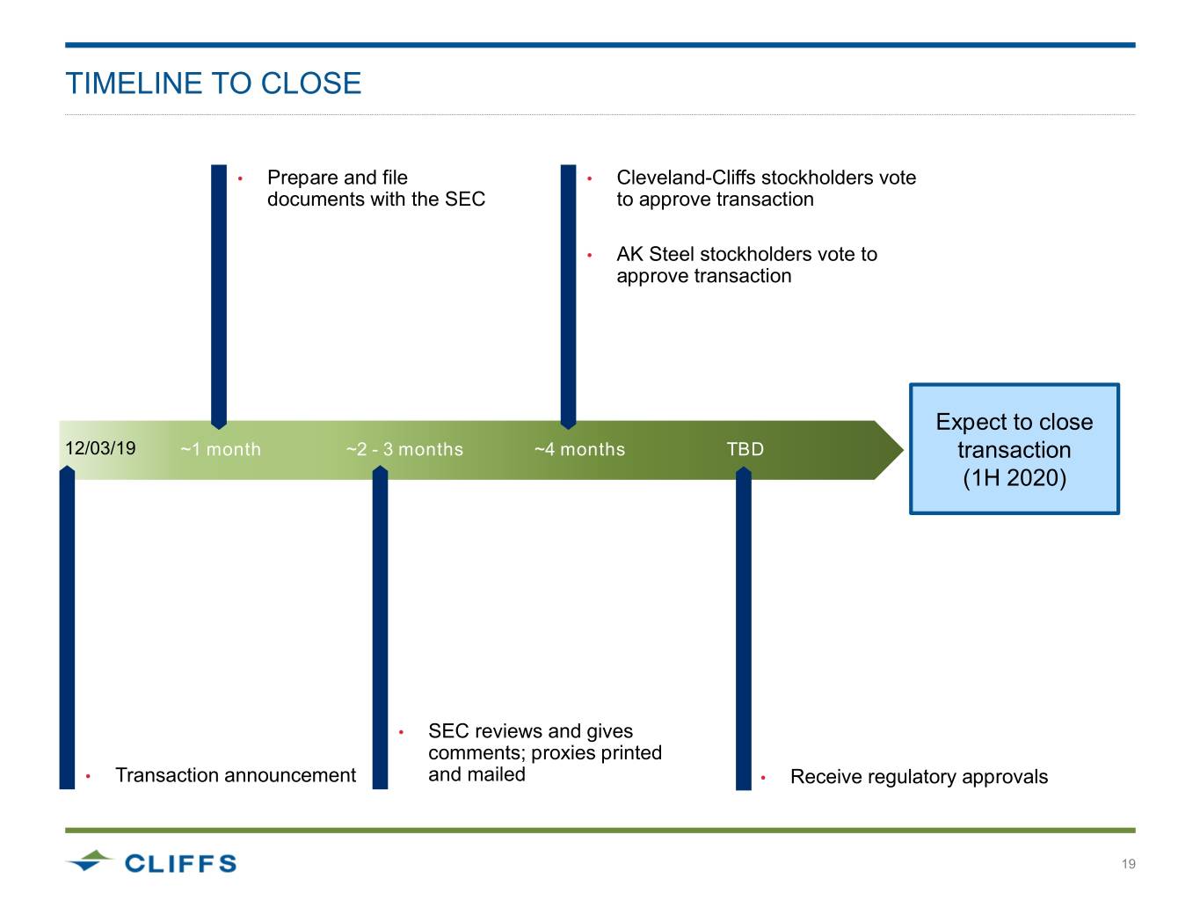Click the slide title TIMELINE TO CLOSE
pyautogui.click(x=214, y=83)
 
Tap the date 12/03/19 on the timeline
pyautogui.click(x=100, y=448)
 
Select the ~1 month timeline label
pyautogui.click(x=221, y=449)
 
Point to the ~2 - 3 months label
pyautogui.click(x=404, y=449)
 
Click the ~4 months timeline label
pyautogui.click(x=579, y=449)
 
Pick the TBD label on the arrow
pyautogui.click(x=745, y=449)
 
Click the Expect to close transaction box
pyautogui.click(x=1014, y=449)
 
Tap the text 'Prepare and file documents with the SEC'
pyautogui.click(x=375, y=188)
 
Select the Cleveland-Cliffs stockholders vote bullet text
pyautogui.click(x=766, y=188)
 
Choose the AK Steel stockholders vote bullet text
pyautogui.click(x=746, y=265)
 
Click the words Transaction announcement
pyautogui.click(x=236, y=775)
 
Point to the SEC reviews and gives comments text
pyautogui.click(x=544, y=752)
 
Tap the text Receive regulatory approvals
pyautogui.click(x=919, y=777)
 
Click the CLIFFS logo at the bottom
pyautogui.click(x=151, y=862)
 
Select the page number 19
pyautogui.click(x=1128, y=864)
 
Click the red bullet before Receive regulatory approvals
pyautogui.click(x=763, y=778)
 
